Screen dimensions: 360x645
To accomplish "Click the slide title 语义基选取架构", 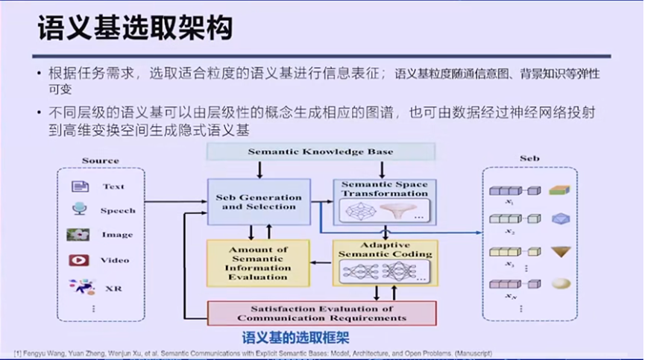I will [x=135, y=29].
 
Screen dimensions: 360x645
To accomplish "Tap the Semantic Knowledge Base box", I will [x=320, y=151].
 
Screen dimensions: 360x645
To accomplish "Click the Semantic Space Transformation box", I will [x=384, y=202].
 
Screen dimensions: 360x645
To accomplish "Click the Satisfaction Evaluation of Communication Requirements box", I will [x=321, y=313].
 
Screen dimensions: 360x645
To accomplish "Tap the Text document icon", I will [x=80, y=186].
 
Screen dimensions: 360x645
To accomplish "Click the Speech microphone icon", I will [x=79, y=210].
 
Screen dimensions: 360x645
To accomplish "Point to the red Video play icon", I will [x=79, y=260].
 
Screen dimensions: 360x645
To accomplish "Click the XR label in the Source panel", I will [x=114, y=288].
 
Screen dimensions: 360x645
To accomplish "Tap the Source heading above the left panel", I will [x=101, y=160].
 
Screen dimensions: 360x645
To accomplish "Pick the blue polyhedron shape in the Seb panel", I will [x=559, y=218].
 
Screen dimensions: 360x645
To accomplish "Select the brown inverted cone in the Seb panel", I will [x=560, y=251].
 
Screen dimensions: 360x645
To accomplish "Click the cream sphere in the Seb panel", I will [x=560, y=284].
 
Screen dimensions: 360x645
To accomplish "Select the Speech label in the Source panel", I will [x=118, y=211].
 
